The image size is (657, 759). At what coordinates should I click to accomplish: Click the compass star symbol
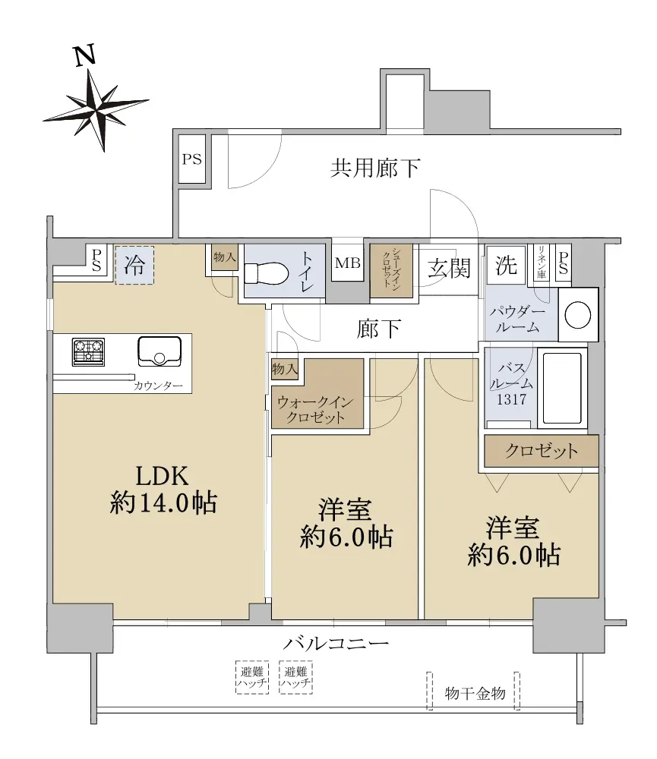tap(96, 109)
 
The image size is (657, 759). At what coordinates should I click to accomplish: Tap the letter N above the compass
tap(84, 55)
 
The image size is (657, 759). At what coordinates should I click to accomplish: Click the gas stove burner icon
tap(88, 351)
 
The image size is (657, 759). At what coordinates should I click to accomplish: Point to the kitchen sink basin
tap(160, 351)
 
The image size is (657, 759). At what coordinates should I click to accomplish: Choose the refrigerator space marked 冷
tap(134, 265)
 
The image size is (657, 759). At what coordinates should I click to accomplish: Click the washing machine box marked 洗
tap(506, 265)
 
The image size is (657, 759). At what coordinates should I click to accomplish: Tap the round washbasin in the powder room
tap(577, 315)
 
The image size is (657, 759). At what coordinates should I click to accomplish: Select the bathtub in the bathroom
tap(561, 388)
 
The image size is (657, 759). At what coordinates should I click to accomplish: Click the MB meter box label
tap(347, 263)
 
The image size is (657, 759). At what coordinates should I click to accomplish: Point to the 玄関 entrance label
tap(449, 268)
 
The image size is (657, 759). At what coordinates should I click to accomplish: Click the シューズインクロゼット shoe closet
tap(391, 270)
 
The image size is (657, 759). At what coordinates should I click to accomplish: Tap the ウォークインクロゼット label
tap(315, 410)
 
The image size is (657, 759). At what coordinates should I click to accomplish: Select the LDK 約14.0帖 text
tap(163, 490)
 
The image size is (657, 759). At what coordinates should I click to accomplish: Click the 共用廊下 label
tap(375, 168)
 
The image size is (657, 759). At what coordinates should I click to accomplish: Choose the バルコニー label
tap(336, 644)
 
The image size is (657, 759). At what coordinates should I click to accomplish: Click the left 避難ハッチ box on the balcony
tap(252, 677)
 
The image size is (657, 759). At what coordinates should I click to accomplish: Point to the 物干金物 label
tap(475, 694)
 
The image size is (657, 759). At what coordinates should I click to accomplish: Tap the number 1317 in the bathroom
tap(511, 399)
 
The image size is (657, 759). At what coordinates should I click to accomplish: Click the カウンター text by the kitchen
tap(158, 386)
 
